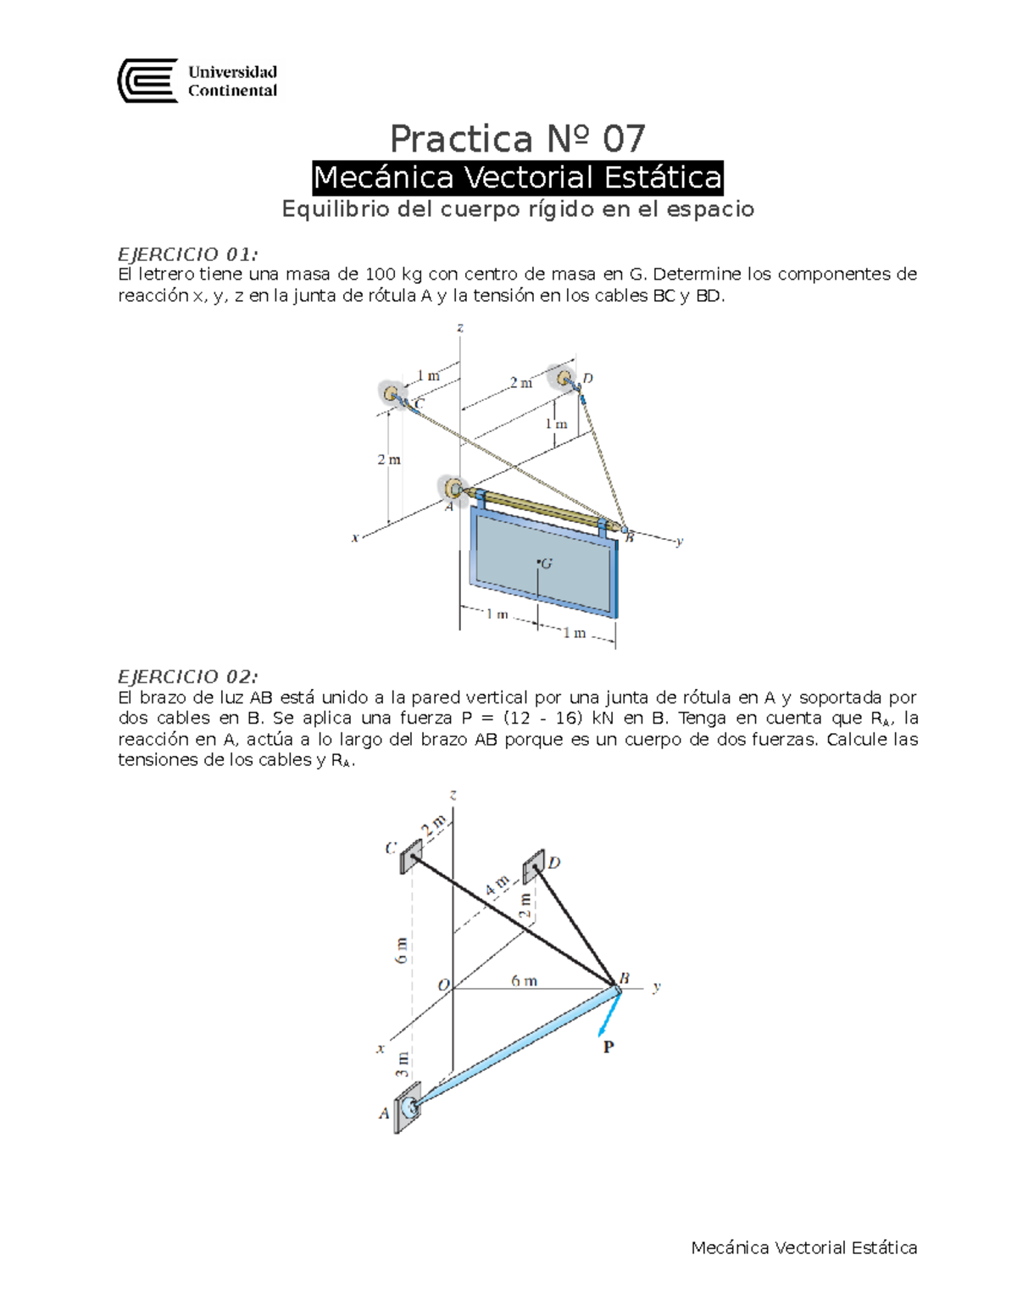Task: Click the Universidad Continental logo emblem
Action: point(147,81)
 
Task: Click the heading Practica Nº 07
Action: point(517,138)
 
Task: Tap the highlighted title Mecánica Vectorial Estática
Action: point(517,178)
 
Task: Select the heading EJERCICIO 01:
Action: point(187,254)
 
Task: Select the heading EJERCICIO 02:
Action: point(187,676)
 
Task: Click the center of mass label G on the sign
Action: point(547,564)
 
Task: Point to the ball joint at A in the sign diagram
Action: point(453,489)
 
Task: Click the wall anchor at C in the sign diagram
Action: point(391,393)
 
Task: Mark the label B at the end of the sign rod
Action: point(630,537)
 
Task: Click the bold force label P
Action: point(608,1047)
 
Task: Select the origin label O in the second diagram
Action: point(442,986)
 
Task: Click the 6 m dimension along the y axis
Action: point(524,980)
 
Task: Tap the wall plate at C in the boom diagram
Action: point(411,854)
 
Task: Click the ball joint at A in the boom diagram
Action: point(409,1107)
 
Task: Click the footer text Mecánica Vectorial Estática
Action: point(803,1247)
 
